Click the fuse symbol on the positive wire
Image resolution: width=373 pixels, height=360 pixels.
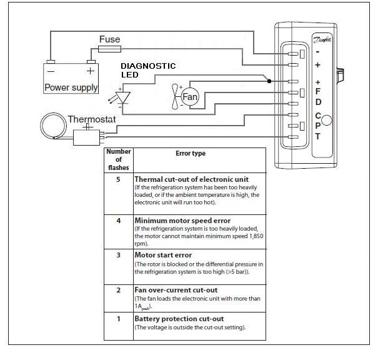(110, 49)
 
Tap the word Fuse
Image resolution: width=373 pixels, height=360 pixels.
(110, 39)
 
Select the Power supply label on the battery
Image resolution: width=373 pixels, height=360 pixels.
(71, 87)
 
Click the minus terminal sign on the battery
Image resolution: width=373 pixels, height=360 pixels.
(51, 71)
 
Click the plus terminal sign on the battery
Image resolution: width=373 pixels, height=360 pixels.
(91, 71)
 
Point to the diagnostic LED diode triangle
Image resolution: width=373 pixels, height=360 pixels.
(122, 97)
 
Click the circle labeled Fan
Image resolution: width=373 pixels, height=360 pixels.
(190, 97)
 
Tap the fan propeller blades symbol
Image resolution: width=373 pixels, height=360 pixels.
(175, 97)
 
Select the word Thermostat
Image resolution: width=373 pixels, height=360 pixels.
(92, 119)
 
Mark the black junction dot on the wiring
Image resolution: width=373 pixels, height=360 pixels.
(269, 81)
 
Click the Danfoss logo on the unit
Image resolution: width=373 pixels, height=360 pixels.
(322, 39)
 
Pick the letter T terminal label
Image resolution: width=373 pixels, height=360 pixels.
(318, 136)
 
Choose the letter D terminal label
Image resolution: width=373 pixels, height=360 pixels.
(318, 102)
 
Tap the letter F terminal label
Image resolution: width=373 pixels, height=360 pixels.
(318, 91)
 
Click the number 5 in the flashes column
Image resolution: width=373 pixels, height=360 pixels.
(118, 179)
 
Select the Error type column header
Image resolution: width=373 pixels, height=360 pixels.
(191, 154)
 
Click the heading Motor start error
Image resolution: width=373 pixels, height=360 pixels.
(163, 255)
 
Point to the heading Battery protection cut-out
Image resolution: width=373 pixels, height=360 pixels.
(179, 319)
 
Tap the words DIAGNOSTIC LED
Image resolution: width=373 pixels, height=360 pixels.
(148, 70)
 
